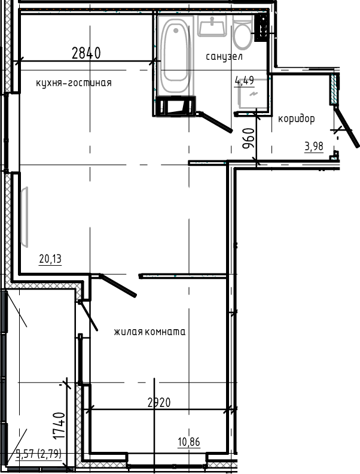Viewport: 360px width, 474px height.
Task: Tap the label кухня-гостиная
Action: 74,83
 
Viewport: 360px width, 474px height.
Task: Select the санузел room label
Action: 224,57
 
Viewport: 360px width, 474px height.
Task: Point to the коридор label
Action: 296,118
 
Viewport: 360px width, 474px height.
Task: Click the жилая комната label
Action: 150,332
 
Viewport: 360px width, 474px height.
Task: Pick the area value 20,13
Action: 51,259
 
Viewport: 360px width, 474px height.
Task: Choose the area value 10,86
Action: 188,442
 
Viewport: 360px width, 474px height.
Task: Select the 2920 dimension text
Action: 158,403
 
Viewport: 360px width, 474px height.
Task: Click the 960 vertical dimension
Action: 249,139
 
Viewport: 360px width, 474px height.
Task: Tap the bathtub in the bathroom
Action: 176,52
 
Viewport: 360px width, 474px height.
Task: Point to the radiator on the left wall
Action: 25,216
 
